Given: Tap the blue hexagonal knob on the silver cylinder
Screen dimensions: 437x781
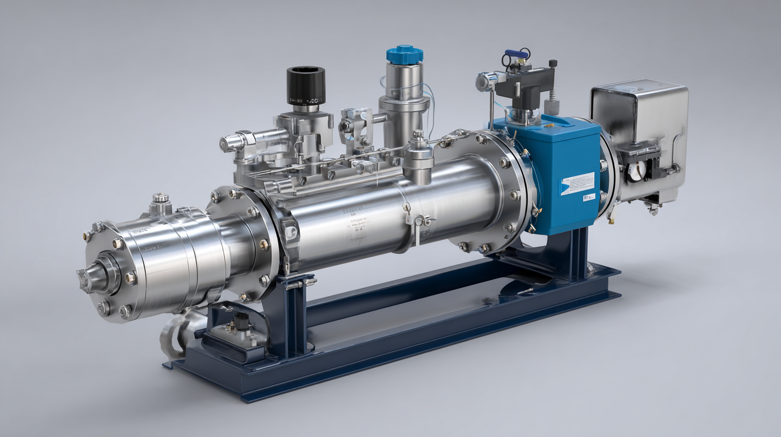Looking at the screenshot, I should tap(404, 54).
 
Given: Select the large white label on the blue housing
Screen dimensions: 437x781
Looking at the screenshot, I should tap(577, 183).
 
